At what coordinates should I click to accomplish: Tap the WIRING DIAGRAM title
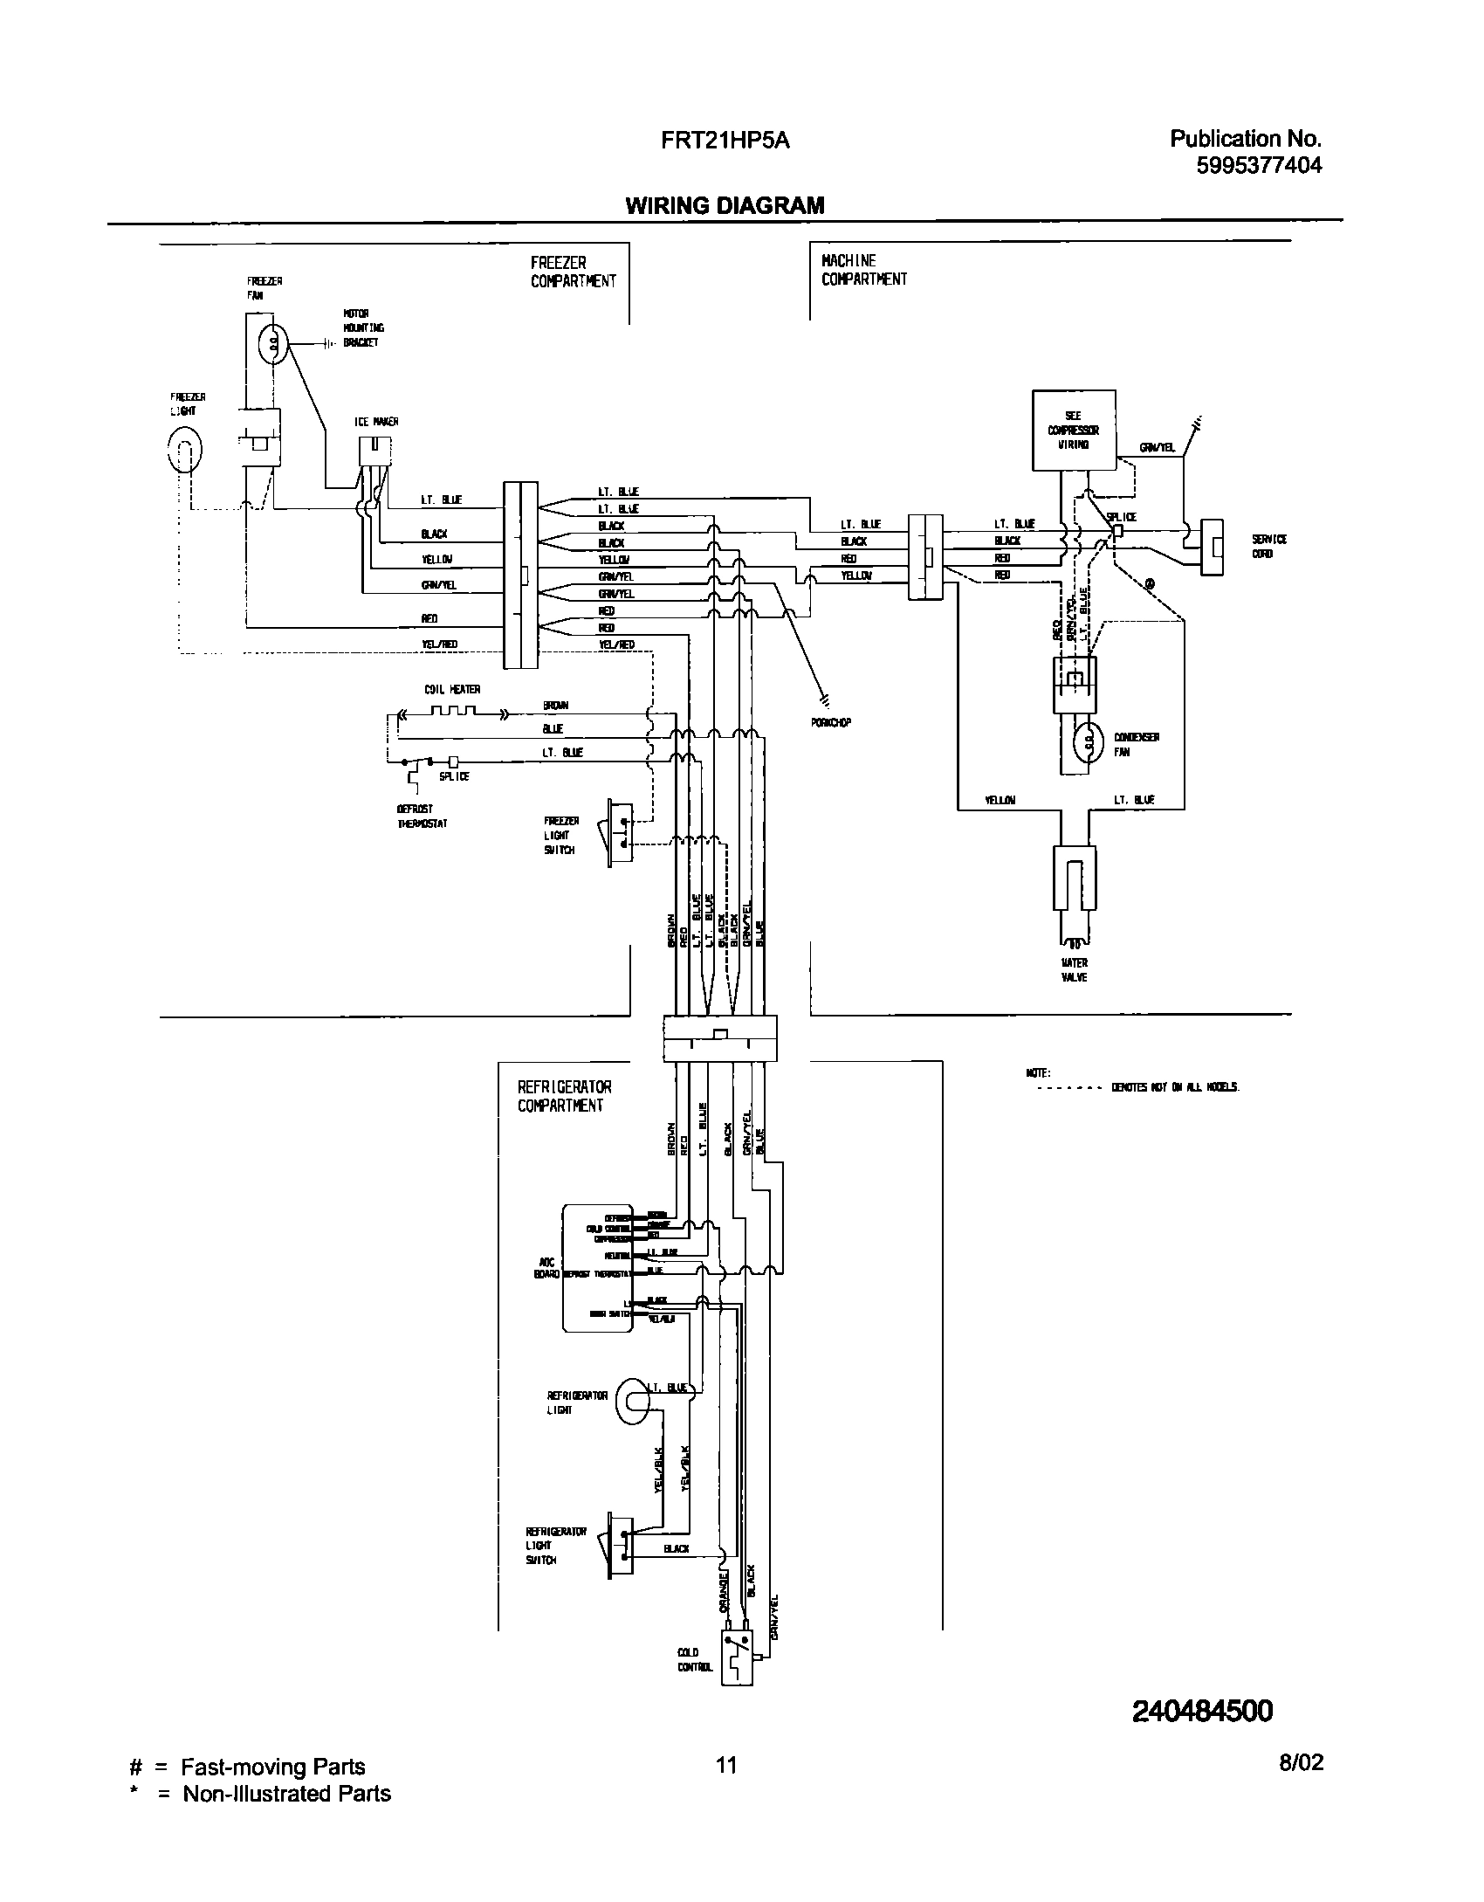coord(725,205)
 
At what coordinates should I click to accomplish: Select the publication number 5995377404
coord(1259,165)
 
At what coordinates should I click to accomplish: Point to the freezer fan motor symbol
coord(274,343)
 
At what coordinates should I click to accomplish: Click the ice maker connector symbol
coord(374,453)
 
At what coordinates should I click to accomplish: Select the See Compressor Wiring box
coord(1073,431)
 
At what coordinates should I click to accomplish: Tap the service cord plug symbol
coord(1211,547)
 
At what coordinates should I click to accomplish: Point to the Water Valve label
coord(1075,970)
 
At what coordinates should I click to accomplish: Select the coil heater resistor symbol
coord(453,712)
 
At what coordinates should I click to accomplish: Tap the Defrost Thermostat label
coord(422,817)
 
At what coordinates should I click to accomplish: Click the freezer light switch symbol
coord(618,832)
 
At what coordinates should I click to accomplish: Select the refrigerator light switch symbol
coord(619,1545)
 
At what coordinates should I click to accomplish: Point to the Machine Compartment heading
coord(863,270)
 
